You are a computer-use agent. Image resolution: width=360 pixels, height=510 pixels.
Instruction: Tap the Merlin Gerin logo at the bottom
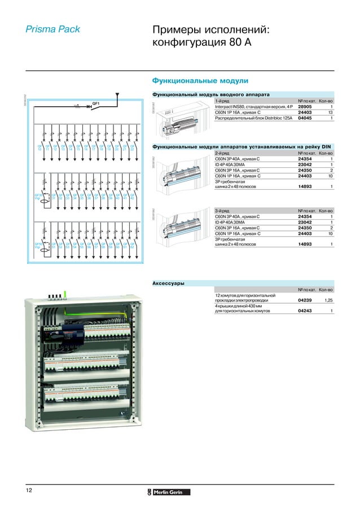[170, 491]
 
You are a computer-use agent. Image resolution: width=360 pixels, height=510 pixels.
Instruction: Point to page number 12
[28, 490]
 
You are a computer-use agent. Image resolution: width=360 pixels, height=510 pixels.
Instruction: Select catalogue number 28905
[305, 106]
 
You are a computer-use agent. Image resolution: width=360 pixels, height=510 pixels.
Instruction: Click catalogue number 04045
[305, 118]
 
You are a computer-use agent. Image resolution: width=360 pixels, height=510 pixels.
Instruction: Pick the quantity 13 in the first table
[330, 112]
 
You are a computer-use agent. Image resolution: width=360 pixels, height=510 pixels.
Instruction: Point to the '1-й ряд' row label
[222, 101]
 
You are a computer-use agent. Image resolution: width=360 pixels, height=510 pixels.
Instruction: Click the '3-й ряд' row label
[222, 210]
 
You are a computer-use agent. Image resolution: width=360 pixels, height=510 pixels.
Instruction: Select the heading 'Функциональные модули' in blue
[197, 81]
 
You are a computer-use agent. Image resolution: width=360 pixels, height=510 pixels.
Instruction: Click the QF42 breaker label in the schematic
[132, 197]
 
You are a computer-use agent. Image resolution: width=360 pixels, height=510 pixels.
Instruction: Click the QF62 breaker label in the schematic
[132, 246]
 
